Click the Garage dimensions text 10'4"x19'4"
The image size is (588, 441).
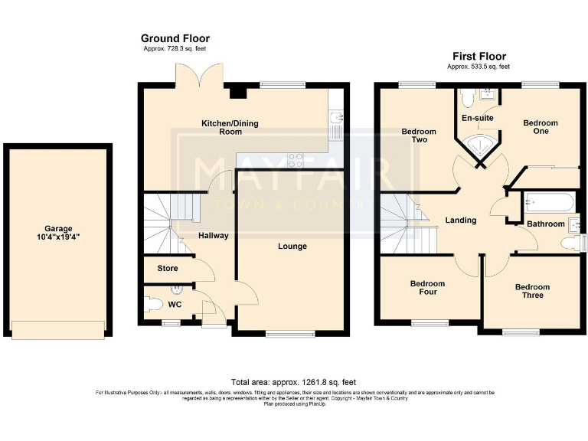pos(58,237)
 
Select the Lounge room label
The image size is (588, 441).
pos(292,246)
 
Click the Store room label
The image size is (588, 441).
pos(167,269)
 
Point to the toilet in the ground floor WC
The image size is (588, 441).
pos(153,304)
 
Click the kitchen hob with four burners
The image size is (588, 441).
pos(295,160)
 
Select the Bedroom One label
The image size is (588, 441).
pos(541,127)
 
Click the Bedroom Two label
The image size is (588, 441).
pos(419,136)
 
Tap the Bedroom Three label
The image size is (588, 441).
pos(532,291)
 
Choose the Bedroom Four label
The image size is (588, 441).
pos(427,288)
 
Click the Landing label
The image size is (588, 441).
pos(461,220)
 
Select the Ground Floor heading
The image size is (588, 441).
pos(175,38)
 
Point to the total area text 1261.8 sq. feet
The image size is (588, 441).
pos(293,381)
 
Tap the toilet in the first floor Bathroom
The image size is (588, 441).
pos(570,243)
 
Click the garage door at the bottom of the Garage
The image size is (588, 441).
pos(58,329)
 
